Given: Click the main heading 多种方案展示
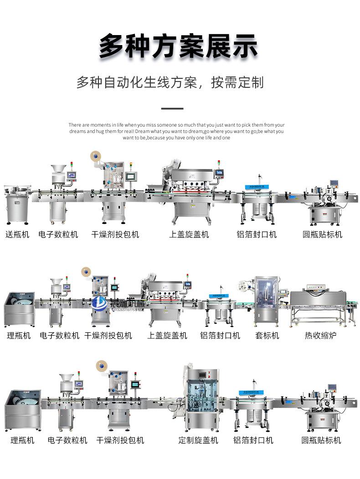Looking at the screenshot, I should [179, 46].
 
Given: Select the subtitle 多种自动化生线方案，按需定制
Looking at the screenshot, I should [170, 83].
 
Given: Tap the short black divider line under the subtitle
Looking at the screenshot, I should [173, 109].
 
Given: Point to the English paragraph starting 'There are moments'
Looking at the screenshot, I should [177, 131].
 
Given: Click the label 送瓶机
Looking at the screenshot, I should [17, 234].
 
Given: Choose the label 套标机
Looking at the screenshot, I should [267, 336].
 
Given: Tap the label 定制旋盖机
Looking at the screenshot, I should [198, 440].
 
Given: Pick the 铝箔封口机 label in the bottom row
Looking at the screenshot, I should [253, 440].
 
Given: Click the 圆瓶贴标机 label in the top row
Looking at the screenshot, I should [323, 234].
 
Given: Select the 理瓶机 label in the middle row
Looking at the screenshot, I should [19, 336].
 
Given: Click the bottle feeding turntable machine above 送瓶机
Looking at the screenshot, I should [17, 203].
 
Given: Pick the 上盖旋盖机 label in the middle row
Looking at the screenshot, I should [167, 336].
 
